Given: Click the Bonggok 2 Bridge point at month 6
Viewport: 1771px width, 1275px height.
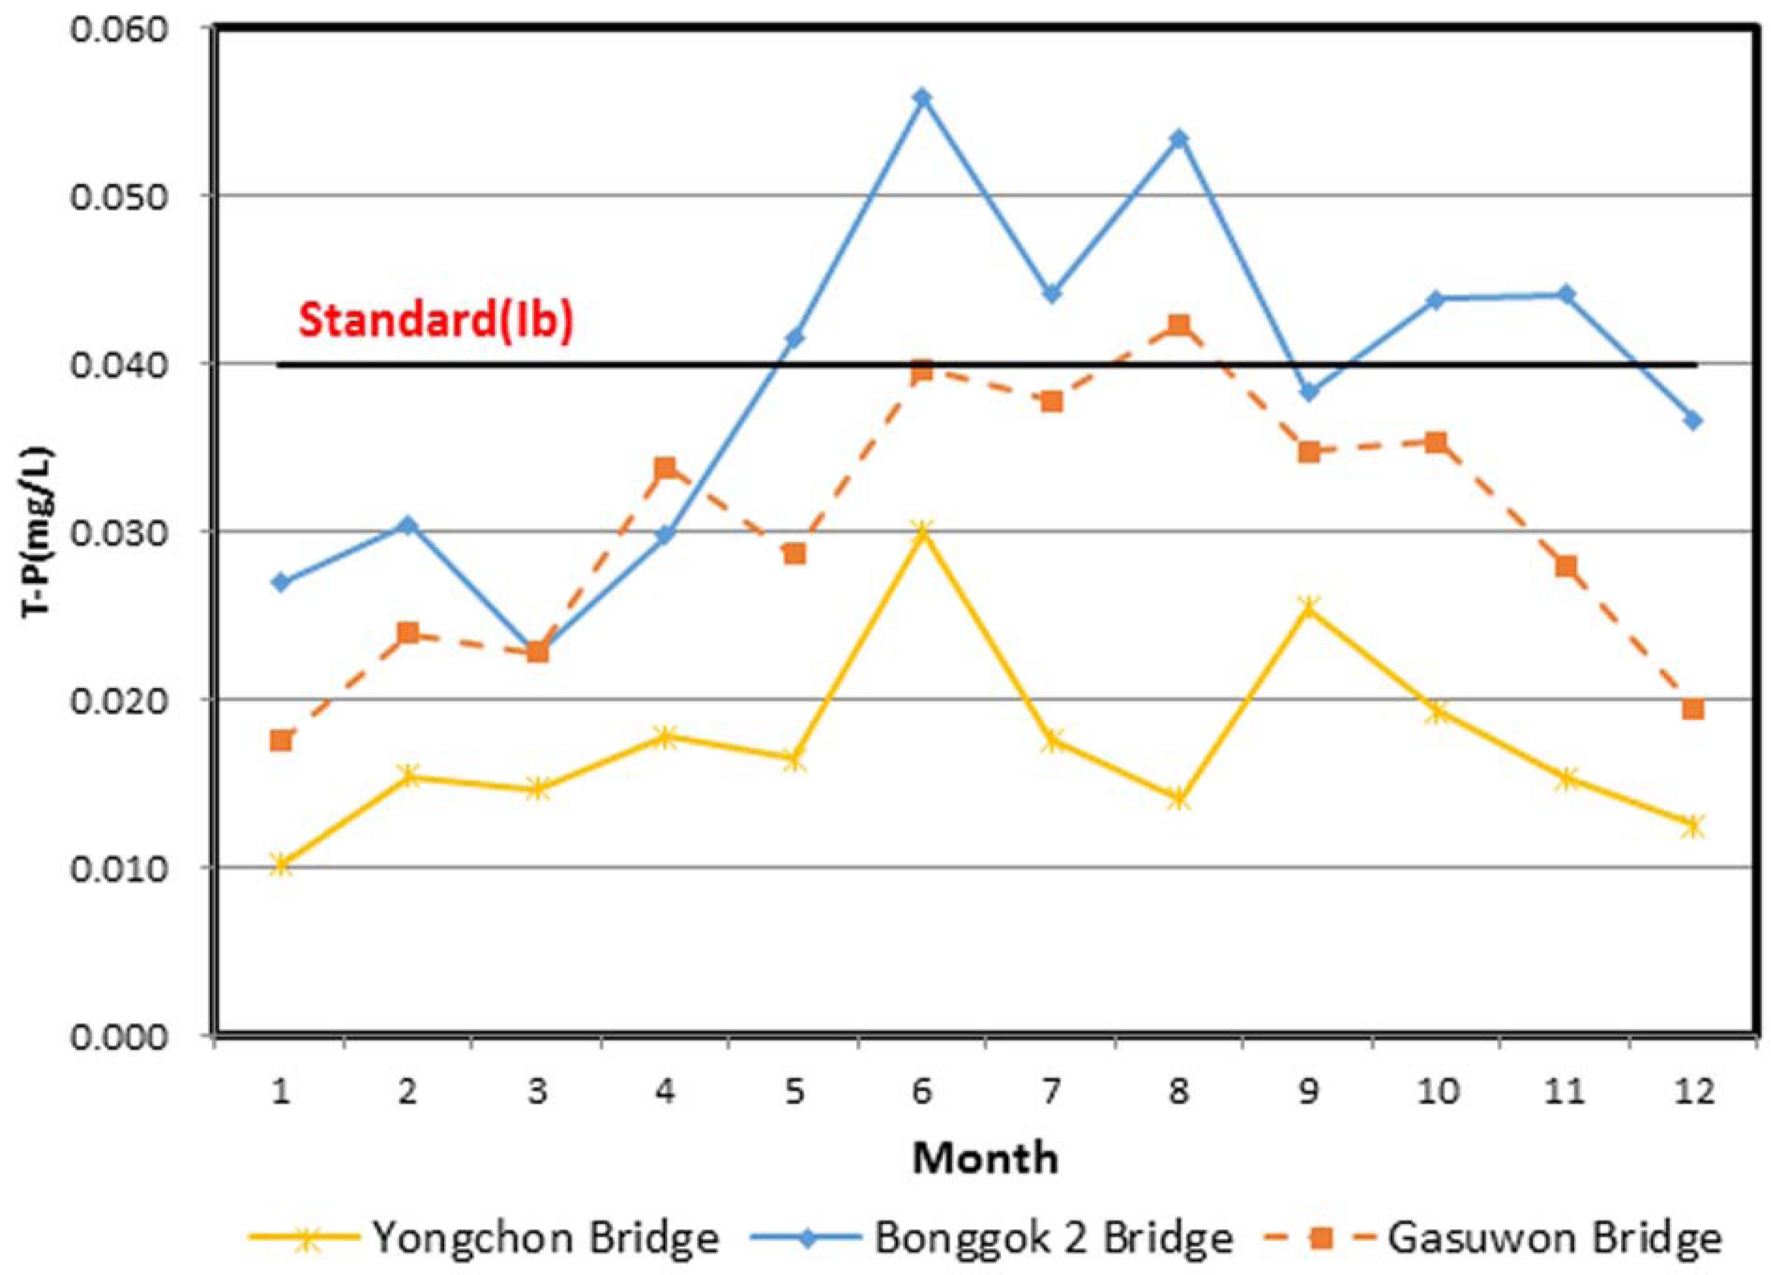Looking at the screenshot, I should pos(922,97).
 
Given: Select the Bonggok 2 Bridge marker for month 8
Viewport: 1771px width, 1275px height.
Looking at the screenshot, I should pos(1180,139).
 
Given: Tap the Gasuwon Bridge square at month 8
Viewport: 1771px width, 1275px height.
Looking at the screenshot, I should pos(1179,325).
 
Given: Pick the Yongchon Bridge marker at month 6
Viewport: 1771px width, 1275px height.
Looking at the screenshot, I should pos(922,532).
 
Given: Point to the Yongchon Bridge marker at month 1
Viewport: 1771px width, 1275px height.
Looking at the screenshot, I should pos(281,865).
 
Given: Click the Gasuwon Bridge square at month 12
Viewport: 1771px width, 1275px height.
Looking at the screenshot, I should pos(1693,709).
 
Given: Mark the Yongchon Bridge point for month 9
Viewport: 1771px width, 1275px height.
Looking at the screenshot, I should pos(1309,607).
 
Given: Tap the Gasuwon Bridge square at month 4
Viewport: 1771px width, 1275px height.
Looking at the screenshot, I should pos(665,469).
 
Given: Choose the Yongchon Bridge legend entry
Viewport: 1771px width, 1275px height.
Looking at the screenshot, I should pos(484,1237).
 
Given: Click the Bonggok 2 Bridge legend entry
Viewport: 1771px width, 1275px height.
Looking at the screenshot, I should pos(992,1237).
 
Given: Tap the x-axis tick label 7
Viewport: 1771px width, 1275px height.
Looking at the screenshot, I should pos(1051,1091).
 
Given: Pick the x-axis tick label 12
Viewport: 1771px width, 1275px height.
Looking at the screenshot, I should pos(1693,1091).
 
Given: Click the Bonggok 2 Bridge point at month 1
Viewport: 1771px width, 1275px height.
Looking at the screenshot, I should pos(281,582).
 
